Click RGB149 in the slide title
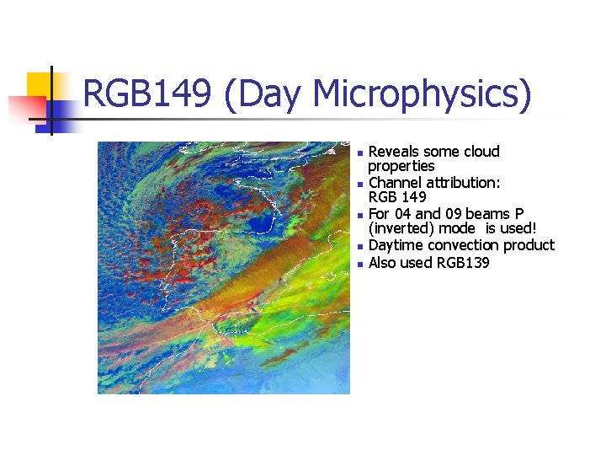pos(147,94)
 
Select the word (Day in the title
pos(262,94)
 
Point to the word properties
pos(401,166)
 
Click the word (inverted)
pos(401,228)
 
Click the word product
pos(530,245)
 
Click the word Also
pos(385,263)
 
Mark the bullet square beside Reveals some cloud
pos(359,153)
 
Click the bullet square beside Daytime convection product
pos(359,247)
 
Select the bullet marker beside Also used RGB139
pos(359,265)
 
